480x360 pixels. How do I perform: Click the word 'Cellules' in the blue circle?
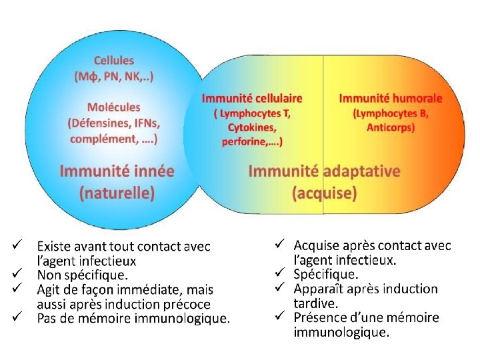coord(113,61)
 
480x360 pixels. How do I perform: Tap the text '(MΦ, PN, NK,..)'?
coord(113,76)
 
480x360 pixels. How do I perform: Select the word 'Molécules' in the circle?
coord(113,107)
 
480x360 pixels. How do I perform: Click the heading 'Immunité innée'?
coord(117,171)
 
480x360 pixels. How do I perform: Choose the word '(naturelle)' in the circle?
coord(117,193)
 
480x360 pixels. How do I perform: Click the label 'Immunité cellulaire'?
coord(252,98)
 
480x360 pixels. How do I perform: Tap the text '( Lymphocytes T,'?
coord(252,113)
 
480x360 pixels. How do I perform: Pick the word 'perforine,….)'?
coord(252,141)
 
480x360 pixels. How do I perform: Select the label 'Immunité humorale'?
coord(390,98)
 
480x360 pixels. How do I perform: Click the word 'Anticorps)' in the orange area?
coord(390,127)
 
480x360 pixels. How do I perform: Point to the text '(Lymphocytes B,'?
coord(390,113)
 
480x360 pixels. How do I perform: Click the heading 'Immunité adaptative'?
coord(324,171)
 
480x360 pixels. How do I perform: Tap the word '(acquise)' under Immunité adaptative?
coord(324,193)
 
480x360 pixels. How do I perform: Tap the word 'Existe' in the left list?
coord(54,247)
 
